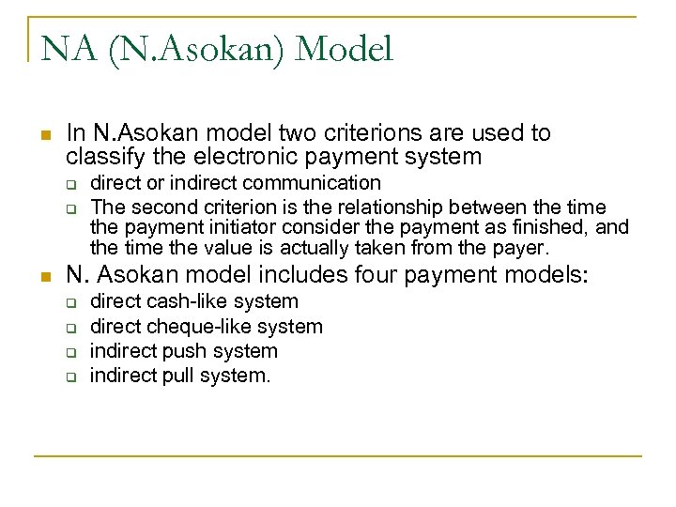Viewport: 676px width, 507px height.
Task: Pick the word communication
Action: point(315,182)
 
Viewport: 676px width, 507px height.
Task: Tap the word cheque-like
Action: point(201,327)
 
